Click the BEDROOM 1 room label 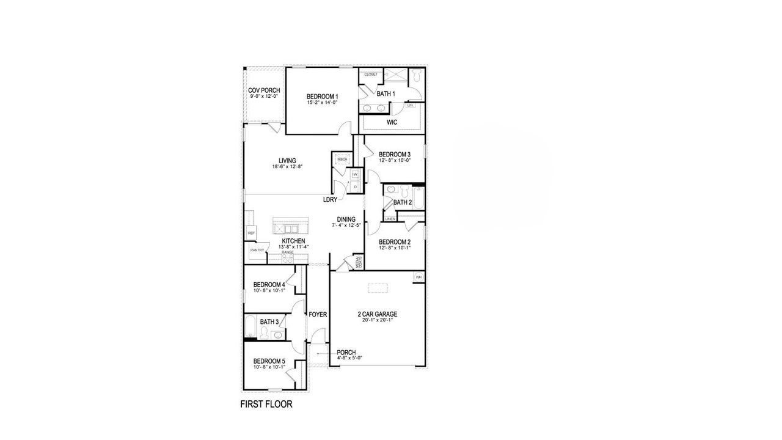[322, 97]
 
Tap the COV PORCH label [264, 90]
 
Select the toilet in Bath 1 [417, 76]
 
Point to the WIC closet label [392, 122]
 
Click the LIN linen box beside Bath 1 [411, 106]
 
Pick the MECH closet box [342, 159]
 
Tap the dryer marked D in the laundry [355, 186]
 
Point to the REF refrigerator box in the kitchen [250, 233]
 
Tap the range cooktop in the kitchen [288, 258]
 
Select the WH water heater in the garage [418, 277]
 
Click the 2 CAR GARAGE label [377, 315]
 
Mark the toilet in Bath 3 [264, 332]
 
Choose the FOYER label [318, 315]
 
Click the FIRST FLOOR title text [266, 405]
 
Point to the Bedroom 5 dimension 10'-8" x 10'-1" [269, 367]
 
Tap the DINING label [346, 219]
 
